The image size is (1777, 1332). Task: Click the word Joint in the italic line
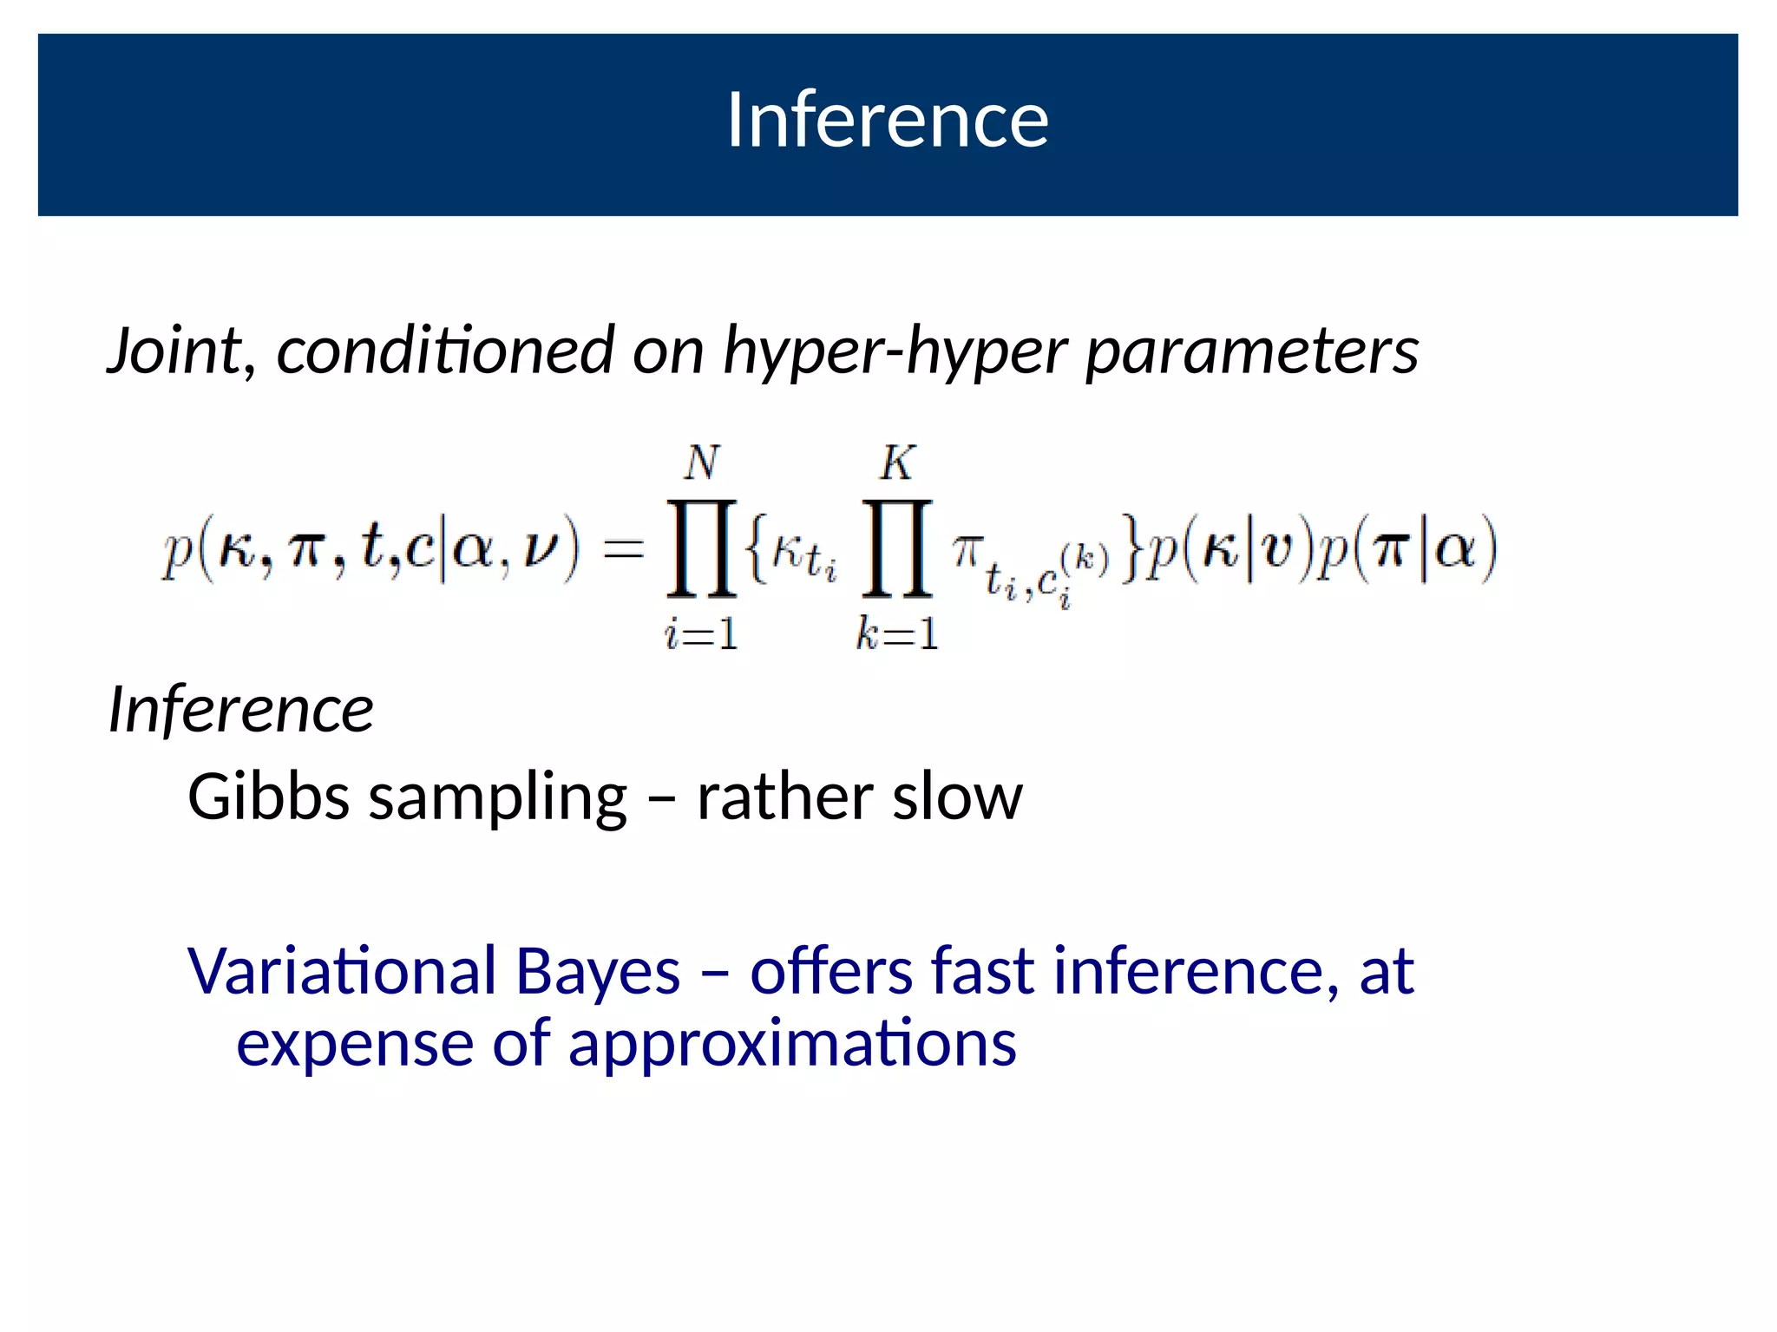(174, 351)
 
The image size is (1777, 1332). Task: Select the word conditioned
(445, 351)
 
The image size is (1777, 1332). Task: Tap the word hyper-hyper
(895, 352)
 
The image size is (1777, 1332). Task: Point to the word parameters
(1252, 352)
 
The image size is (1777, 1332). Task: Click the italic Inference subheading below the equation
(241, 710)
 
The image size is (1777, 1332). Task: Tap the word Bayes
(598, 972)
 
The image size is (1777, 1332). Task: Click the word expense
(354, 1044)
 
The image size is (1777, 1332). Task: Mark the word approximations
(792, 1044)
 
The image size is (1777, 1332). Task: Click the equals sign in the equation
(624, 549)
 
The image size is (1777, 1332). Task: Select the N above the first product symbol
(701, 463)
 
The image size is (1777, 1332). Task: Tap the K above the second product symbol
(896, 463)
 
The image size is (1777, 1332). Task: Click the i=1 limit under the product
(701, 634)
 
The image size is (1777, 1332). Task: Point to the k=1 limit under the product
(896, 634)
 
